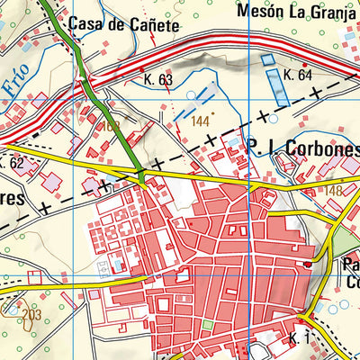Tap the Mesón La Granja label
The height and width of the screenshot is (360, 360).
tap(298, 12)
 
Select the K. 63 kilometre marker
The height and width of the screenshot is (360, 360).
tap(157, 79)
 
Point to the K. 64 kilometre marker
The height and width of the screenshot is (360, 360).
tap(298, 75)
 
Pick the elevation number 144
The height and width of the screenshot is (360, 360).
tap(200, 121)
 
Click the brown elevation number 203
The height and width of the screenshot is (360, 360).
tap(31, 314)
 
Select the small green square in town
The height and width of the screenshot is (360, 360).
tap(209, 324)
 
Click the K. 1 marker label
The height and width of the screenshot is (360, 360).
tap(299, 337)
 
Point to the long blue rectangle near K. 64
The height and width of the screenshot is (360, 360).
tap(269, 69)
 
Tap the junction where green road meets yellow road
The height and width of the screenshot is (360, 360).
tap(143, 181)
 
